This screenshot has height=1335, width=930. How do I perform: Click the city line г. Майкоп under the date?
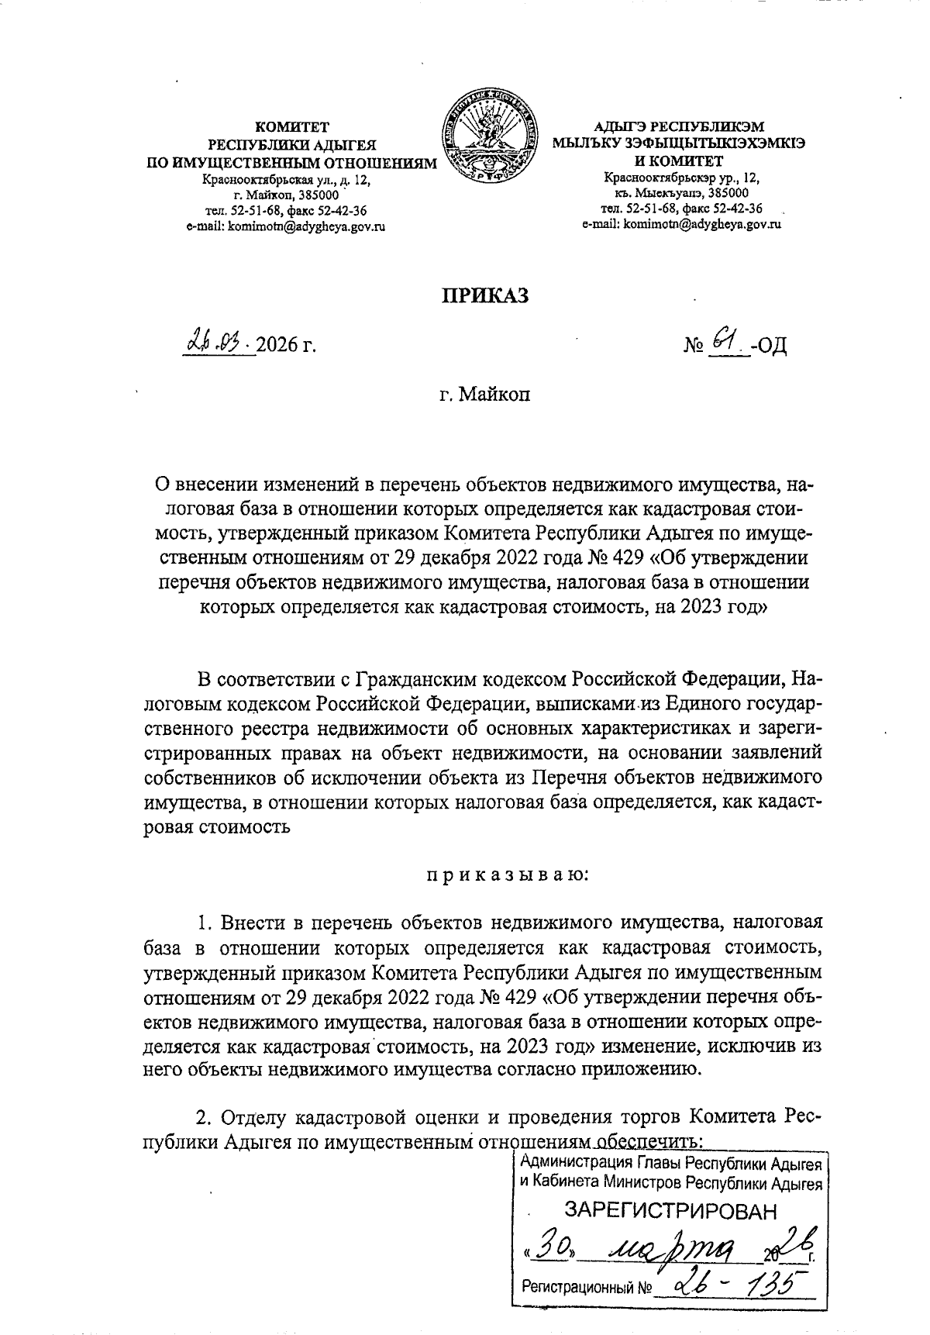point(484,395)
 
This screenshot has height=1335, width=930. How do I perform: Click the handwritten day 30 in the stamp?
point(552,1247)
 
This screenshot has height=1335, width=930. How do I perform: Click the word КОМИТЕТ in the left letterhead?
point(292,127)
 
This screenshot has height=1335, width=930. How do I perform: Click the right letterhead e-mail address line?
point(680,224)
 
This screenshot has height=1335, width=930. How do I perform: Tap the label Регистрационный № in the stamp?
point(586,1289)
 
